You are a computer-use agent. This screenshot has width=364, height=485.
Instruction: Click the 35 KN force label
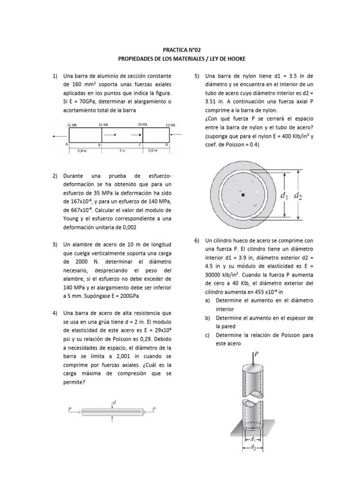[72, 125]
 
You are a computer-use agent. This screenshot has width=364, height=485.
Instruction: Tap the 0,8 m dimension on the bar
[82, 151]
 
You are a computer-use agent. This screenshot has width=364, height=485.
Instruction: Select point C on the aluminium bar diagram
[140, 144]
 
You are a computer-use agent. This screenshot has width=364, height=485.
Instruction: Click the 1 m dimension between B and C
[122, 151]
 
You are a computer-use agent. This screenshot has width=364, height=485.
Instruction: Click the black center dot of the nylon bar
[243, 195]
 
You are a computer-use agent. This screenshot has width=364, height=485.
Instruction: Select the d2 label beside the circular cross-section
[298, 195]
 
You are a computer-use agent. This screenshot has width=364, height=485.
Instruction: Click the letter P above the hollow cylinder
[256, 353]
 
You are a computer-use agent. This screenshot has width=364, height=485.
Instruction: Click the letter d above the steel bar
[114, 402]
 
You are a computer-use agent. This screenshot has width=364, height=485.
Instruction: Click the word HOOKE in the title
[234, 59]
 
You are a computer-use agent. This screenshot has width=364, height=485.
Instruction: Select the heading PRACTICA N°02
[182, 49]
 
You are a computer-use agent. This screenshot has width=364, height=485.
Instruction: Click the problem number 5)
[197, 76]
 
